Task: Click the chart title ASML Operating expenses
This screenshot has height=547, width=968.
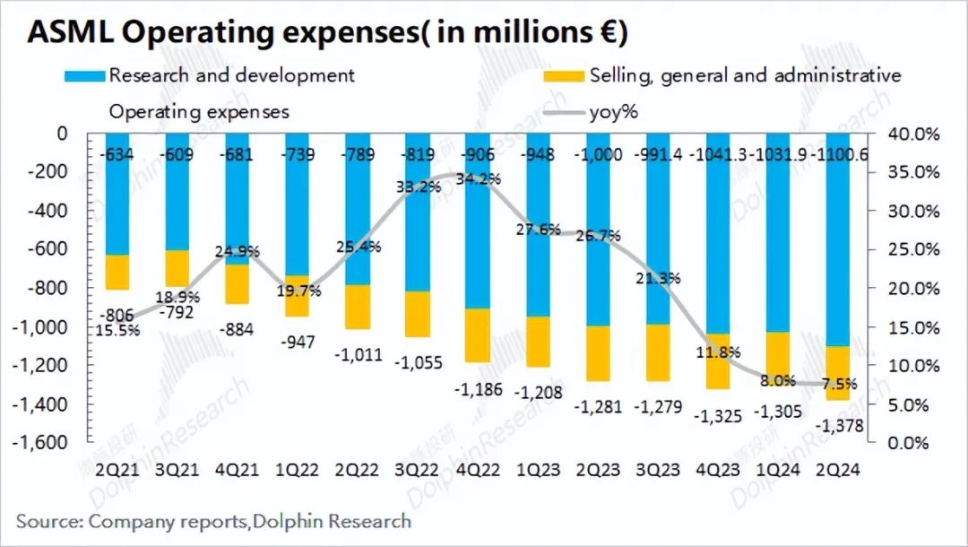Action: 327,32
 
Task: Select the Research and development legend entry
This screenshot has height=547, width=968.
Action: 231,75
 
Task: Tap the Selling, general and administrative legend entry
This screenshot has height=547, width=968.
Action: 745,75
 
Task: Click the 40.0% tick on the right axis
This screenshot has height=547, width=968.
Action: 914,134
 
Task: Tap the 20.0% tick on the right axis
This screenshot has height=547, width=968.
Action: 914,289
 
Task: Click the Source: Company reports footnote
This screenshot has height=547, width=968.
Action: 213,521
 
